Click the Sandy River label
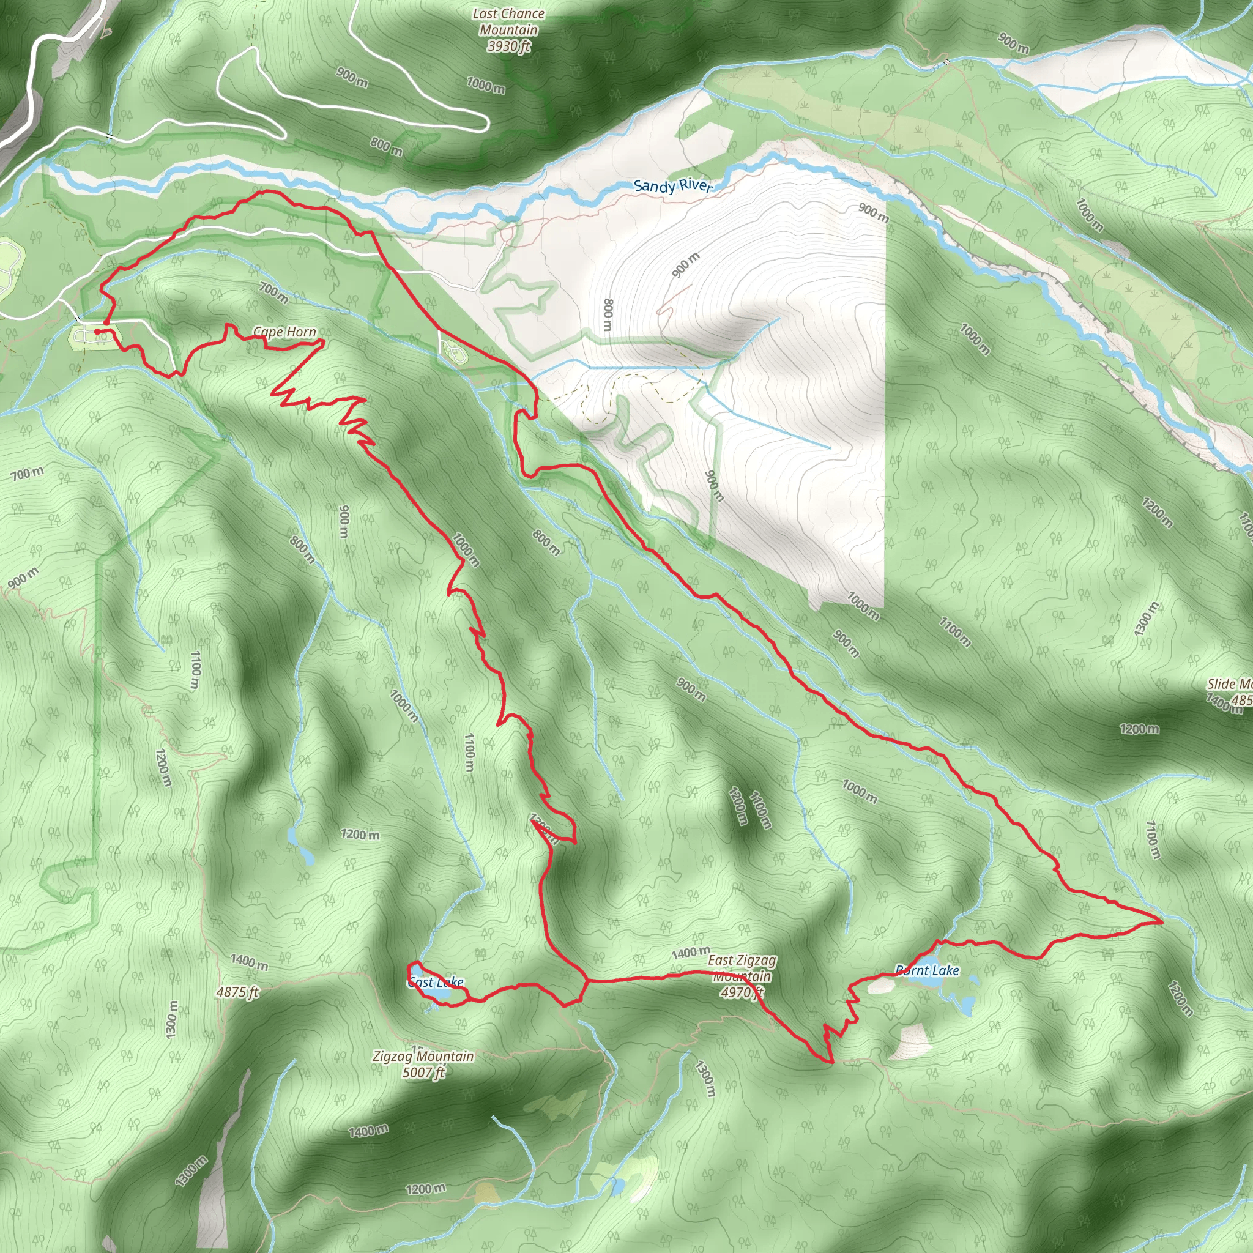[x=672, y=186]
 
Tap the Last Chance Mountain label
[x=508, y=21]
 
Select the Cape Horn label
[x=284, y=332]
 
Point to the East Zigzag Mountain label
[x=742, y=968]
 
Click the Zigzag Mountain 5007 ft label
[x=423, y=1065]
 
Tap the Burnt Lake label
[x=927, y=970]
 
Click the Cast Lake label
[x=436, y=982]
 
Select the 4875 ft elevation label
[x=237, y=992]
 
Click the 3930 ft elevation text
[x=508, y=46]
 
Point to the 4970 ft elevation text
[x=742, y=992]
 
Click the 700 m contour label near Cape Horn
[x=273, y=292]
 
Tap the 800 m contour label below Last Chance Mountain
[x=387, y=147]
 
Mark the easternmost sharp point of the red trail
[x=1161, y=920]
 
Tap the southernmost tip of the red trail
[x=831, y=1062]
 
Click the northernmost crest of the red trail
[x=264, y=191]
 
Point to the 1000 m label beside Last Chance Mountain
[x=485, y=84]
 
